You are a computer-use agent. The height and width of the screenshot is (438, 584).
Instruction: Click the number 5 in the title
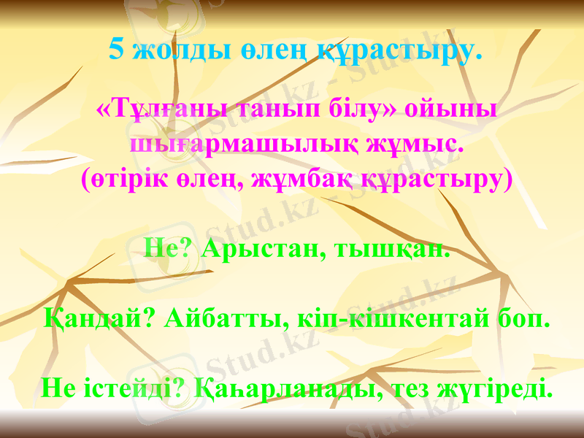pos(115,49)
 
